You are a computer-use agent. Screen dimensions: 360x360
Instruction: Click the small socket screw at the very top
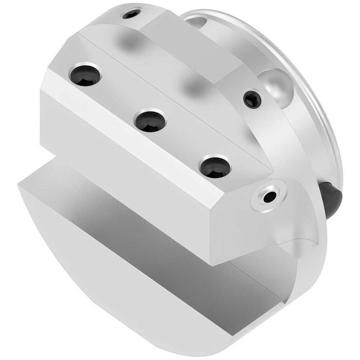[131, 15]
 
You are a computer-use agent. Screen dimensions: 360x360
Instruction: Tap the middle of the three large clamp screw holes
[150, 120]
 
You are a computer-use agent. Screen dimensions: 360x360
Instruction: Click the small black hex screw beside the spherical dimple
[253, 99]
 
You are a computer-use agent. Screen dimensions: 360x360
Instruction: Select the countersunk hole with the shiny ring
[270, 196]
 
